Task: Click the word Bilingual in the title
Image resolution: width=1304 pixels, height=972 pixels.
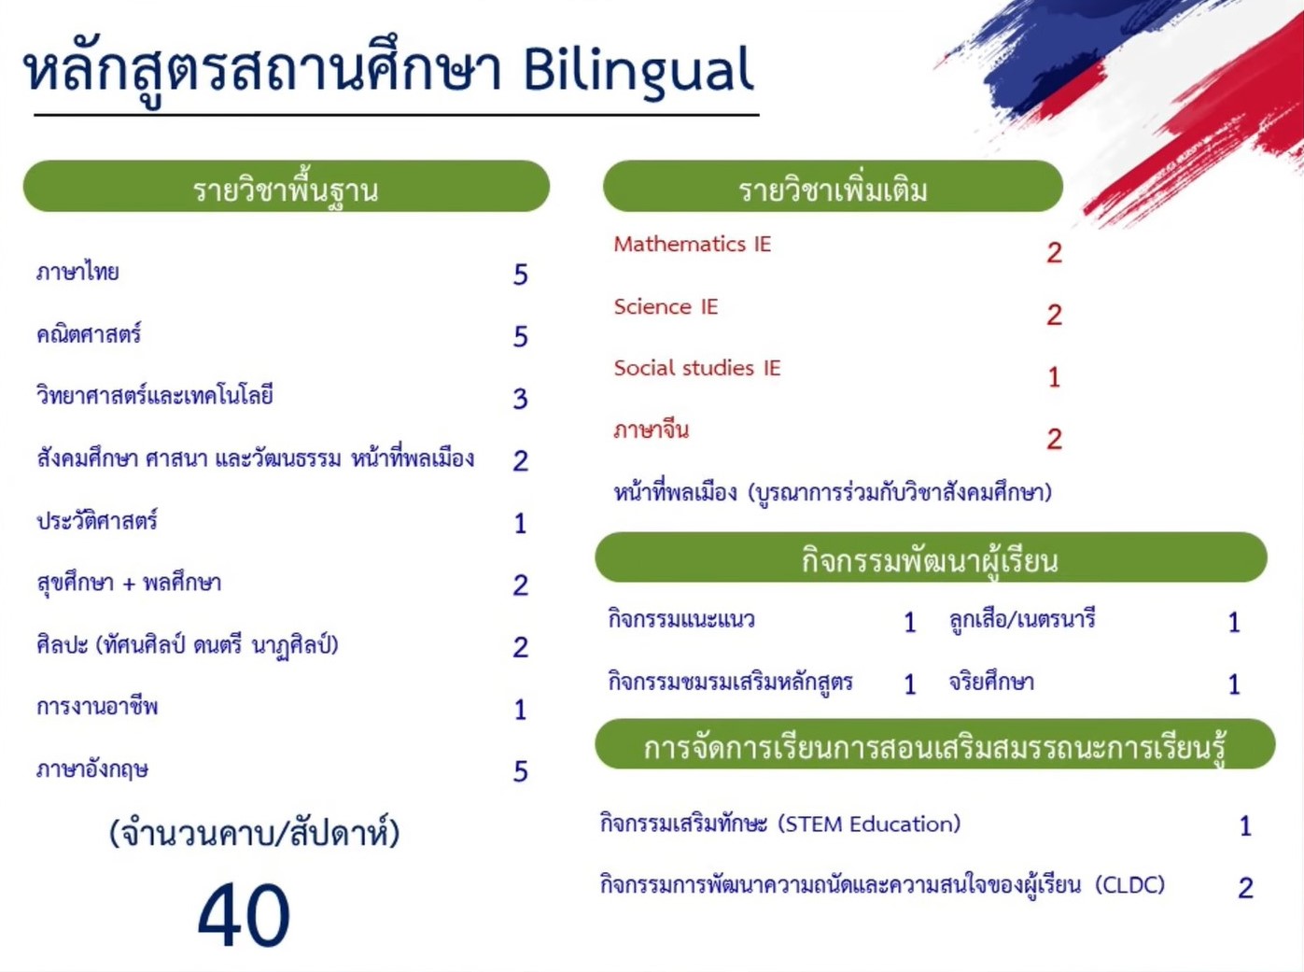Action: coord(638,71)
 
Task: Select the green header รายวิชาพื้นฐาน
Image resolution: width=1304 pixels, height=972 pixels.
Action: coord(286,188)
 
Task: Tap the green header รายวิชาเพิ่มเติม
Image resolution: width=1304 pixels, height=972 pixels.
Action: coord(833,188)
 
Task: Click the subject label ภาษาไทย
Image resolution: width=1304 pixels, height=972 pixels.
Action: coord(77,273)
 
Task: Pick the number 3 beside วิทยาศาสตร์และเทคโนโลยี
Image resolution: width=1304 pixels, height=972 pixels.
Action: coord(521,399)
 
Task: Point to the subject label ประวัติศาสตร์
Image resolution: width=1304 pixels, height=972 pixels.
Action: coord(97,521)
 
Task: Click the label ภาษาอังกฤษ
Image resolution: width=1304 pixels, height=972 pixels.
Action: coord(92,769)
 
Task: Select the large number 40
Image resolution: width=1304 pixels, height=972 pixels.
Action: coord(244,916)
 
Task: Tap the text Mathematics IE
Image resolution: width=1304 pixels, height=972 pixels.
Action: coord(692,245)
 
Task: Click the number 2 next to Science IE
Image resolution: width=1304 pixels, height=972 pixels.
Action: coord(1054,315)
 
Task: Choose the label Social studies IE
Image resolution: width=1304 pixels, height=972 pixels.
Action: coord(696,368)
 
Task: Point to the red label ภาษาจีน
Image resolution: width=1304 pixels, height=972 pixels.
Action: coord(651,430)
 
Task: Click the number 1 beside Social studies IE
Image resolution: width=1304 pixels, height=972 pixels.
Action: coord(1054,377)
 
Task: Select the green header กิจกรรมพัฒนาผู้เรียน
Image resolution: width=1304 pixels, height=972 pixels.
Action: coord(930,559)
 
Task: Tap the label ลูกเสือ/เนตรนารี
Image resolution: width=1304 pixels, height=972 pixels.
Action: coord(1022,619)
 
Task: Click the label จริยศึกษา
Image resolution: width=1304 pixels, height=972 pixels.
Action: coord(991,682)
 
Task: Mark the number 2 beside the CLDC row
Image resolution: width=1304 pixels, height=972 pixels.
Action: coord(1245,887)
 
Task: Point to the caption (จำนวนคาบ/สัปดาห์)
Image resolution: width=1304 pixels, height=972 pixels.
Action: coord(254,832)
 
